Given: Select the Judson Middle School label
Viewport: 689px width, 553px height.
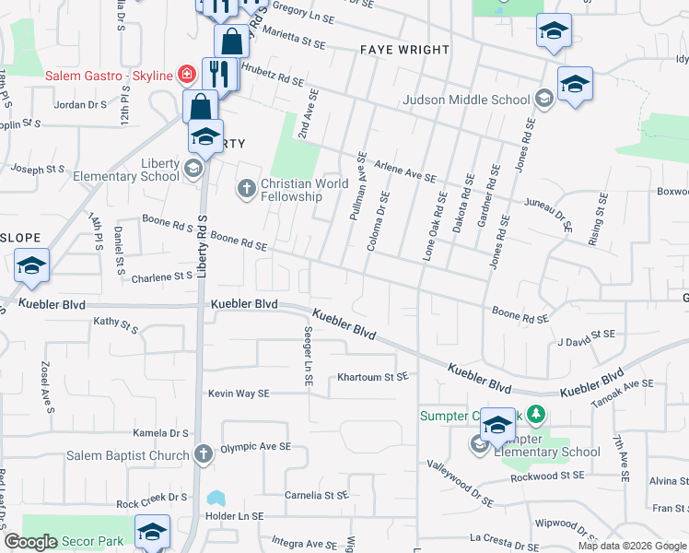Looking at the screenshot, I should (x=466, y=100).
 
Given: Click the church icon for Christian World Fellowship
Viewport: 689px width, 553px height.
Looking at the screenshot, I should (x=246, y=189).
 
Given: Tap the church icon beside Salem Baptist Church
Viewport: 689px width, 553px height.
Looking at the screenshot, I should (x=203, y=454).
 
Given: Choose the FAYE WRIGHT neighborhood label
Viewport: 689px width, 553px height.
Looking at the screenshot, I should (x=404, y=50).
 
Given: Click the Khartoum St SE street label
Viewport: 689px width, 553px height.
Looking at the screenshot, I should (x=372, y=376).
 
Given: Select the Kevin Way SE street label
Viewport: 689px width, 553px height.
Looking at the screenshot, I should (x=239, y=394).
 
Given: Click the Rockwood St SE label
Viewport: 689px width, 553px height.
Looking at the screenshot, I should (x=548, y=476).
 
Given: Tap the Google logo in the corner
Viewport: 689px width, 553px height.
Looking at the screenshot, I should (x=30, y=542).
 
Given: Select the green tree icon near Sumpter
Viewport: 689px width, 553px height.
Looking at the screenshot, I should (x=533, y=416).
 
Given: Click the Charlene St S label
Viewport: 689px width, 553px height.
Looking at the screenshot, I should (x=161, y=276).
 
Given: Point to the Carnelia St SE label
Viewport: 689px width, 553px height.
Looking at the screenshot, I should (x=316, y=495).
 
